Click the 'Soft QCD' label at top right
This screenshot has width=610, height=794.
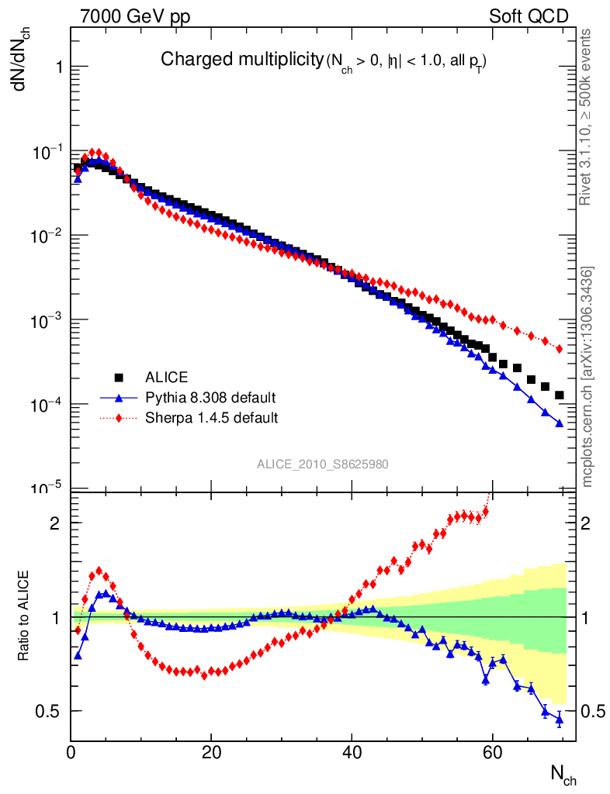[x=529, y=16]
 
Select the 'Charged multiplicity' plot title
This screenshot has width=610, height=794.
[x=241, y=59]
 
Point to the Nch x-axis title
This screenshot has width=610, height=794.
[x=563, y=774]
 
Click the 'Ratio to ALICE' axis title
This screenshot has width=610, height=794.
[x=24, y=616]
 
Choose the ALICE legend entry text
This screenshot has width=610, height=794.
[x=166, y=378]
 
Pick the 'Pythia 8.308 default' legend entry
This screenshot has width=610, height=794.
[x=210, y=398]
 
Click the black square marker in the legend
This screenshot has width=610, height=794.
[x=120, y=378]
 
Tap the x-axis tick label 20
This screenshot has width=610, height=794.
[x=211, y=751]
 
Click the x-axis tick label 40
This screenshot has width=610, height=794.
[x=352, y=751]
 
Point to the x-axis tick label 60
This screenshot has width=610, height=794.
[x=492, y=751]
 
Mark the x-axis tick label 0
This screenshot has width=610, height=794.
[x=71, y=751]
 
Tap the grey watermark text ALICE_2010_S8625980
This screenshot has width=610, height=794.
[x=323, y=464]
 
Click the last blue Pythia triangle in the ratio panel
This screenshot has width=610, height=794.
[x=559, y=720]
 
